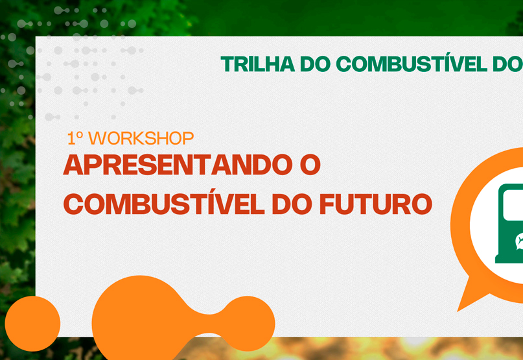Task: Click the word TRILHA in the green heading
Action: (257, 64)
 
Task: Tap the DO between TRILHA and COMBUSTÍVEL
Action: (315, 64)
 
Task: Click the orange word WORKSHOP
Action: (141, 138)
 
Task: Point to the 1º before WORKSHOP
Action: (75, 138)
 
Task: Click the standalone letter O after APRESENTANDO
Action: (310, 165)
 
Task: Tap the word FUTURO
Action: (376, 204)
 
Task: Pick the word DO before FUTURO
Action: (292, 204)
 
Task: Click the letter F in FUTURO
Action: (327, 204)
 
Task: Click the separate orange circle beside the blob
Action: (32, 324)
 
